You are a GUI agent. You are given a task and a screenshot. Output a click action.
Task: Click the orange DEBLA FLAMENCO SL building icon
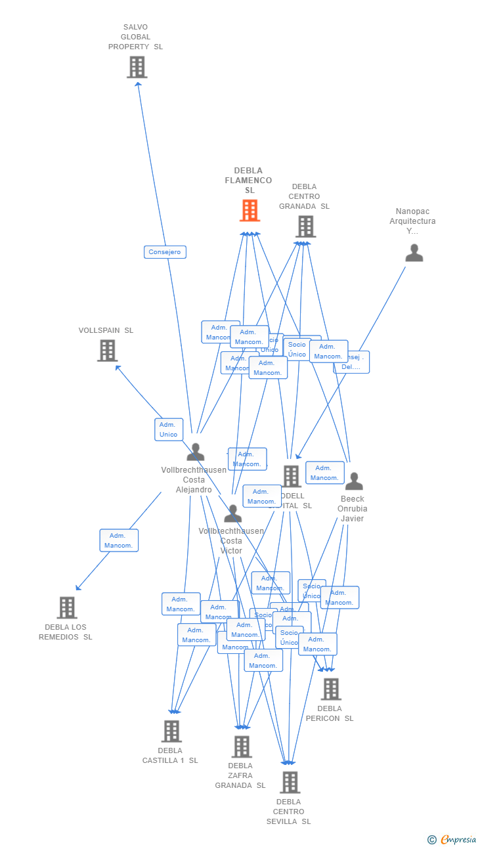coord(250,211)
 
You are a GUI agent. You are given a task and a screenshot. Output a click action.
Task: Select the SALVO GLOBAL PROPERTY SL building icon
coord(137,67)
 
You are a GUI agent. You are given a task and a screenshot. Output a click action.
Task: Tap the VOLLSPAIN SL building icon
coord(108,351)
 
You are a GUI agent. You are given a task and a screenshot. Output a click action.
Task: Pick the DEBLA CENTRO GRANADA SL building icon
coord(305,227)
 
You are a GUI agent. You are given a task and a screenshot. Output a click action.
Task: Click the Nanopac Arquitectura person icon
coord(414,253)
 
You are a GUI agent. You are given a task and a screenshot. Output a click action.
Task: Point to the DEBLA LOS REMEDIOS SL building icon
coord(67,608)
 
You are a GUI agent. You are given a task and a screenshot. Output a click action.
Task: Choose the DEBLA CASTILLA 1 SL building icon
coord(171,731)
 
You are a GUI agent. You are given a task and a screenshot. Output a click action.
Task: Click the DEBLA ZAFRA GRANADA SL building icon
coord(242,747)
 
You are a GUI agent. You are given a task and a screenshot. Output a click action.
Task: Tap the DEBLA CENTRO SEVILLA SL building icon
coord(290,782)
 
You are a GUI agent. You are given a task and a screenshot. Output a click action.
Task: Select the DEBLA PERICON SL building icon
coord(331,689)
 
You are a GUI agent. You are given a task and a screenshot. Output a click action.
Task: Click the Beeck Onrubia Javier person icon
coord(354,481)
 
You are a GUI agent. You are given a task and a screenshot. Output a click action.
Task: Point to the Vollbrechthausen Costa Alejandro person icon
coord(195,452)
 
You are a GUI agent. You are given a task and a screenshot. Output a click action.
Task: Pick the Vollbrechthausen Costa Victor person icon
coord(232,513)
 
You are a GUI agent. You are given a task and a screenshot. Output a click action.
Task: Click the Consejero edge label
coord(165,252)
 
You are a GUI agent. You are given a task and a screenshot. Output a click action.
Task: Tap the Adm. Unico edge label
coord(169,429)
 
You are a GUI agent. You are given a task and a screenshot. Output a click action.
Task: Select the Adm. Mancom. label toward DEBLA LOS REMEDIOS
coord(119,540)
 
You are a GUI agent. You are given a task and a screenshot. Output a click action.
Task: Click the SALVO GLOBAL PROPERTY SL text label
coord(135,37)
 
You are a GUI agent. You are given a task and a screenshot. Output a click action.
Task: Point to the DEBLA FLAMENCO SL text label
coord(248,181)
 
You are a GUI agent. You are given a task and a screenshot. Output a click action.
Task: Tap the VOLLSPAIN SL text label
coord(106,330)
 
